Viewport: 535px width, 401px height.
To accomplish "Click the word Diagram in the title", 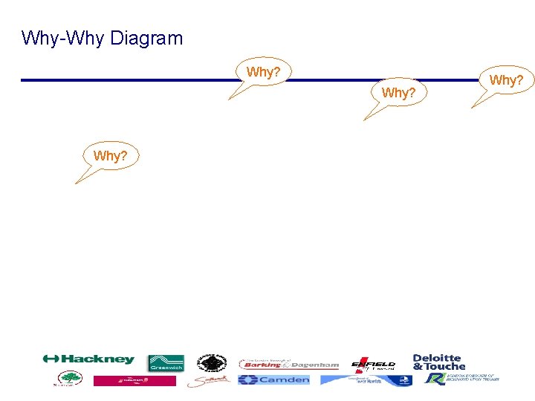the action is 146,39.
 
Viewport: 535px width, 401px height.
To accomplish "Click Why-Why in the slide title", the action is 63,39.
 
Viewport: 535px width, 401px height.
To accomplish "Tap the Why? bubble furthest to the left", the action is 110,156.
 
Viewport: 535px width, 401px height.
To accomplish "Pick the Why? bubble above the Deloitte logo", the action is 398,94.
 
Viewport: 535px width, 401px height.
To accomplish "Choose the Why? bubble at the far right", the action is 507,80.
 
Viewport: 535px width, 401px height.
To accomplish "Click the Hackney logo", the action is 88,359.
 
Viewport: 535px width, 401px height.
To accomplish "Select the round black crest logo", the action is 212,363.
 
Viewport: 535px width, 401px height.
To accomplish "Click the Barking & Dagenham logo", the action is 288,364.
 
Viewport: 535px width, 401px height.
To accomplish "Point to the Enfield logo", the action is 373,364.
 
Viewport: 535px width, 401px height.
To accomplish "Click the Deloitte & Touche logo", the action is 438,362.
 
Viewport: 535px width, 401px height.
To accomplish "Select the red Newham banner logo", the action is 134,380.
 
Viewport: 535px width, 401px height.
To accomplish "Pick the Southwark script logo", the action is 209,381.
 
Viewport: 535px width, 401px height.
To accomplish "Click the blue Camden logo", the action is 273,379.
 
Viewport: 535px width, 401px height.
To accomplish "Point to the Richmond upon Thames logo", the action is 461,379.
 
